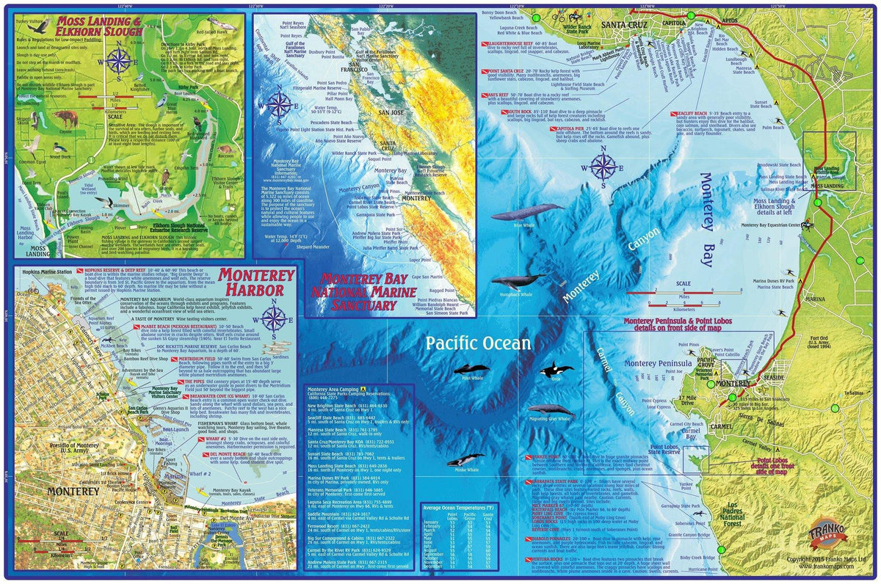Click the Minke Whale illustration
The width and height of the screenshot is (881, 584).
[x=464, y=461]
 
